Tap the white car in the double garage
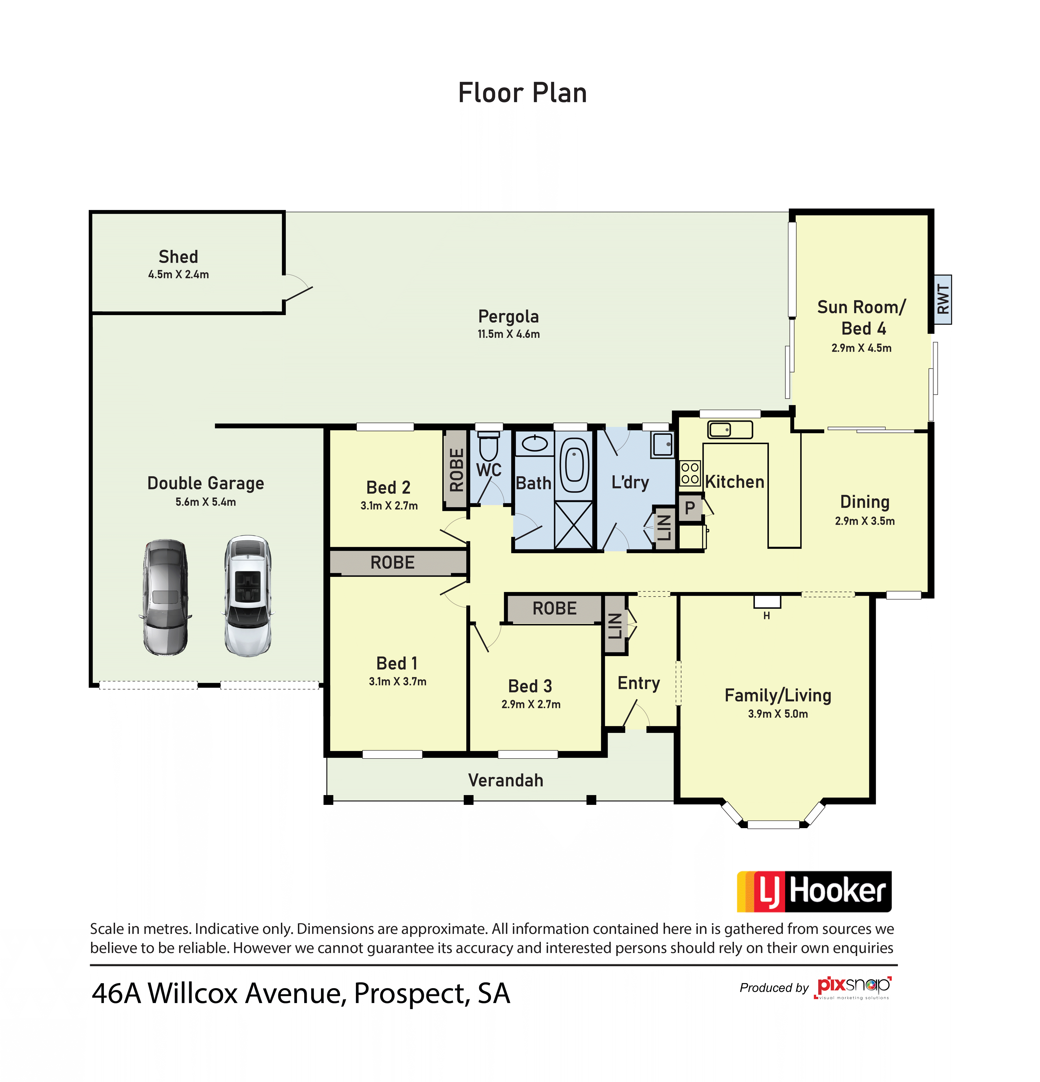point(248,596)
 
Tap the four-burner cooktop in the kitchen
point(689,473)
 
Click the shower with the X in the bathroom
point(573,524)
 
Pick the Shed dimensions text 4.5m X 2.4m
point(178,274)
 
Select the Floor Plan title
point(522,93)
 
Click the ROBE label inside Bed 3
point(554,608)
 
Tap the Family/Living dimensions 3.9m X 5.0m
point(778,714)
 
